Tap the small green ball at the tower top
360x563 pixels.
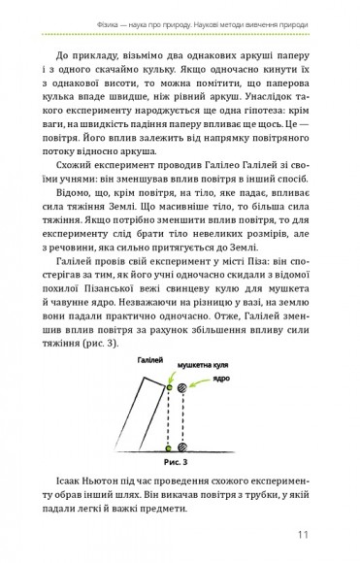pyautogui.click(x=168, y=388)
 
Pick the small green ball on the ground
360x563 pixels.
pyautogui.click(x=168, y=447)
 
